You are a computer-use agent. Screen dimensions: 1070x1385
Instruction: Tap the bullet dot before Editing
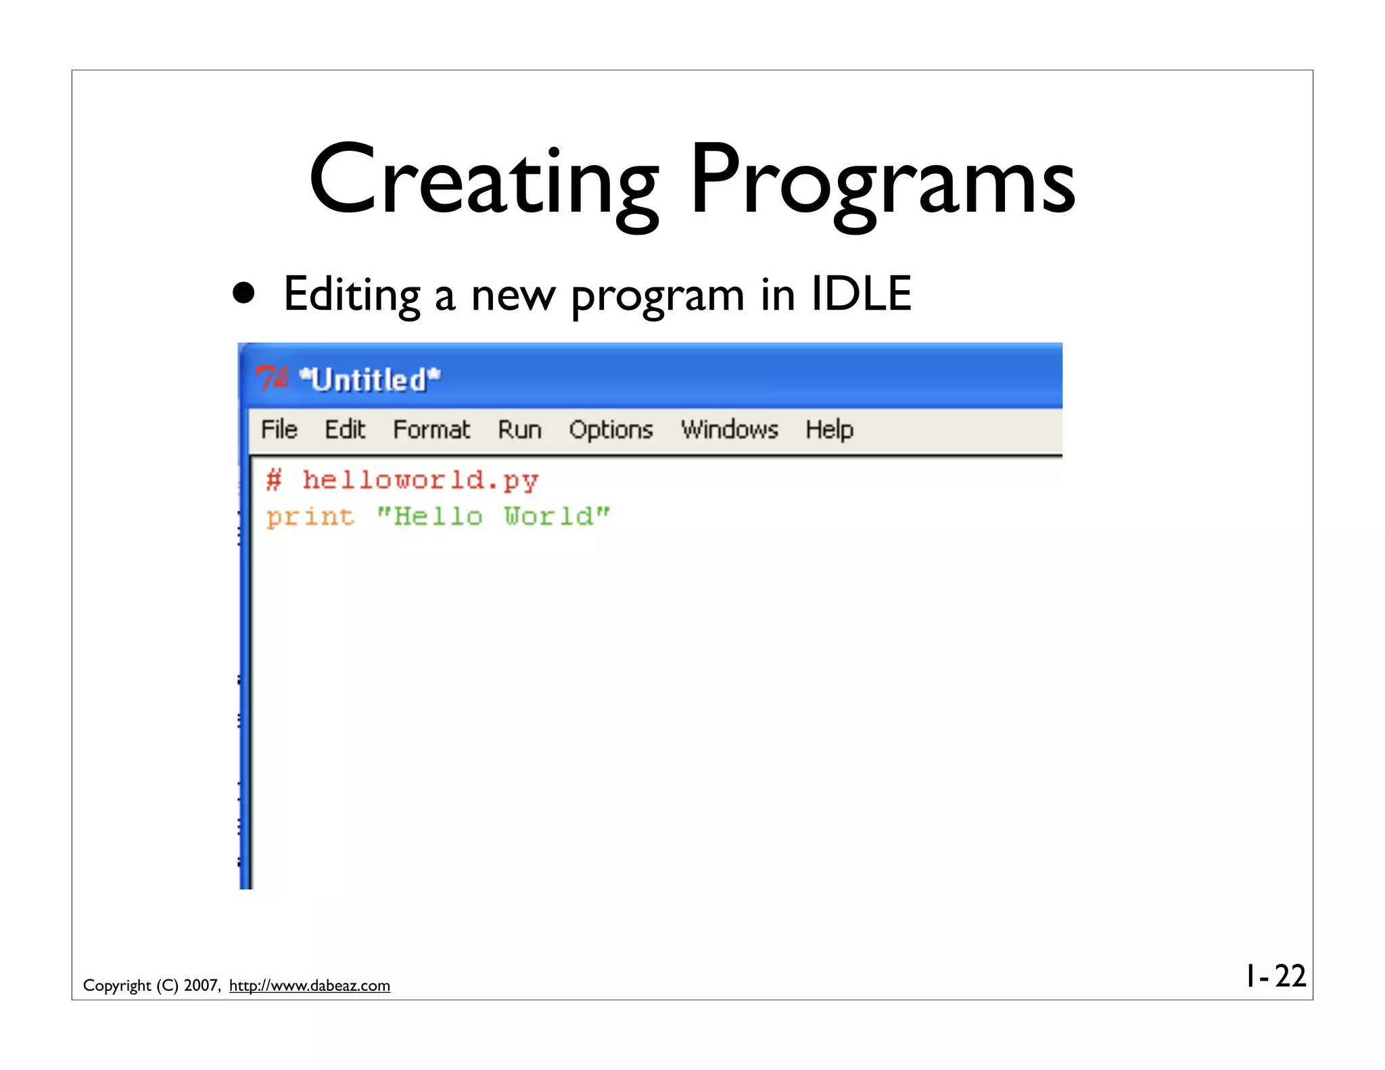point(243,293)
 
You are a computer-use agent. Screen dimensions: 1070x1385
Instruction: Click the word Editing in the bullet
point(352,295)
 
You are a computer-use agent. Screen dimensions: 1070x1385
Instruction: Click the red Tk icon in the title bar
point(273,378)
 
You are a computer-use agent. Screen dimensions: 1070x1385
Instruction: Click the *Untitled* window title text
point(370,379)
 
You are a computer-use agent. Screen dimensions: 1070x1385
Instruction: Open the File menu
point(279,429)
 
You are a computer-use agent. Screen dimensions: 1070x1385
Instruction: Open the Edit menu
point(345,429)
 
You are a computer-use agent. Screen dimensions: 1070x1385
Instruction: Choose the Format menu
point(431,429)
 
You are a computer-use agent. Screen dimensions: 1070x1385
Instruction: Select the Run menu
point(519,429)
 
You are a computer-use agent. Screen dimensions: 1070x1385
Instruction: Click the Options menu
point(611,430)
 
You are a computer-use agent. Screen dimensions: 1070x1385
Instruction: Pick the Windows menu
point(730,429)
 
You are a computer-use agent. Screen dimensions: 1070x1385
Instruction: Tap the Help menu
point(829,430)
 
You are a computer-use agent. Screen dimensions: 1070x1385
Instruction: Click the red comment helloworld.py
point(419,480)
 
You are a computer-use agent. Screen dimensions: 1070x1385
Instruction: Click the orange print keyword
point(310,517)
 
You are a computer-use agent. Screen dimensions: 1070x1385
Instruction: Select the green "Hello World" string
point(493,517)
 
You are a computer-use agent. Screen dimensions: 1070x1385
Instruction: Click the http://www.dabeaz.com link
point(310,985)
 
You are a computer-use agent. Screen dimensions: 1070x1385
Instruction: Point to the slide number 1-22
point(1275,976)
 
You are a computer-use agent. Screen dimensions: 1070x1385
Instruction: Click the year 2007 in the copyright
point(201,985)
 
